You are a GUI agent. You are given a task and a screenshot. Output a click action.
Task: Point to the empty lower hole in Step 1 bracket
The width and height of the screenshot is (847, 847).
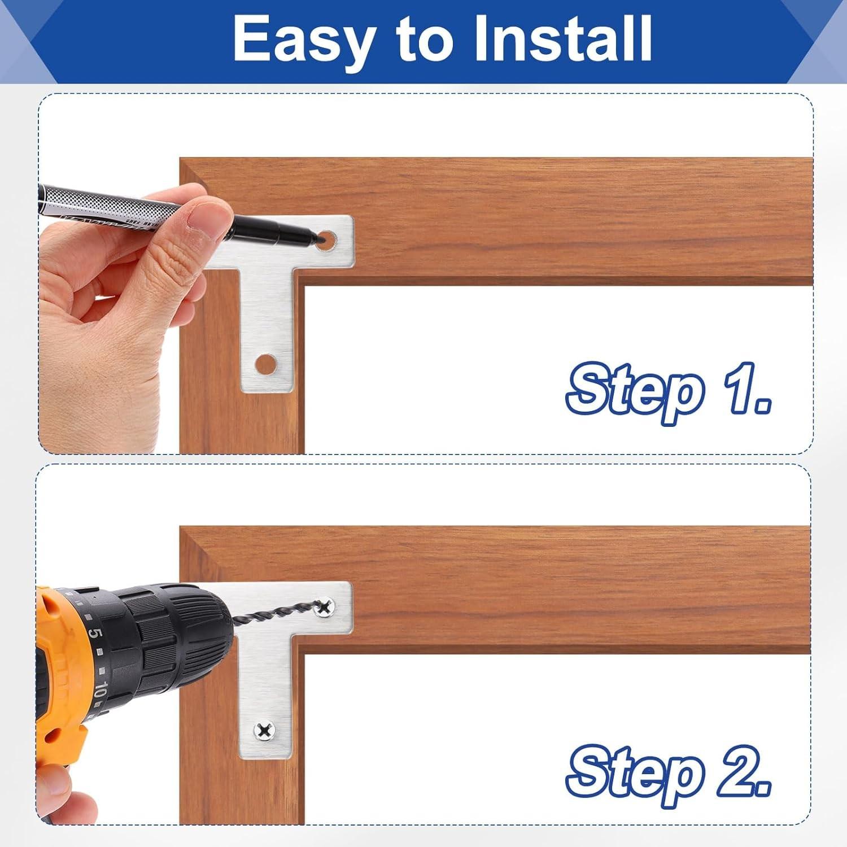[x=265, y=364]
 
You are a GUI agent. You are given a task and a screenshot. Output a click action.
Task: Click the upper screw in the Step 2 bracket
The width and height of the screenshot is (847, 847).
[x=325, y=608]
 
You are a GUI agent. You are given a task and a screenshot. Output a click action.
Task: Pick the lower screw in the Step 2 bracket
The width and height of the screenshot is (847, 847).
[x=264, y=731]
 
